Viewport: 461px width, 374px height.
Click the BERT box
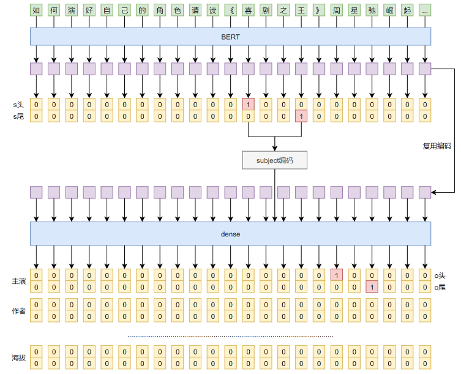tap(230, 37)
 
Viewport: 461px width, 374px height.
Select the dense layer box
tap(230, 234)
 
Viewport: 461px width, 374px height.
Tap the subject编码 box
tap(274, 160)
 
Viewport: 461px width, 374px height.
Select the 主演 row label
tap(18, 281)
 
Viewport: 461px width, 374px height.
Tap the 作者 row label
tap(18, 311)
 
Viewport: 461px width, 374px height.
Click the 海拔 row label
tap(18, 357)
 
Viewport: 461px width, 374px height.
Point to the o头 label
tap(440, 275)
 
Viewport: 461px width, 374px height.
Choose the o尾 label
tap(440, 287)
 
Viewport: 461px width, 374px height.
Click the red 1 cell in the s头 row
tap(248, 105)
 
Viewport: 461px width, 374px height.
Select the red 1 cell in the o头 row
tap(336, 275)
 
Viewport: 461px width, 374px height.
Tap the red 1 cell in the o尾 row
tap(372, 287)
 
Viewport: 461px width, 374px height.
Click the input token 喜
tap(248, 11)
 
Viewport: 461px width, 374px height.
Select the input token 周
tap(336, 11)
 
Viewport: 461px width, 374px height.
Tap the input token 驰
tap(372, 11)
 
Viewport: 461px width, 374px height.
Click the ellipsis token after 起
tap(425, 11)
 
